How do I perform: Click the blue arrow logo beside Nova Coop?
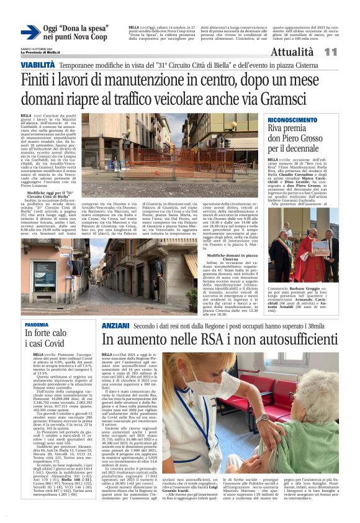(x=30, y=32)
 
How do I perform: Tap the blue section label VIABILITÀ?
(x=37, y=65)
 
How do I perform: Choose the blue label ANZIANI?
(x=115, y=325)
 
